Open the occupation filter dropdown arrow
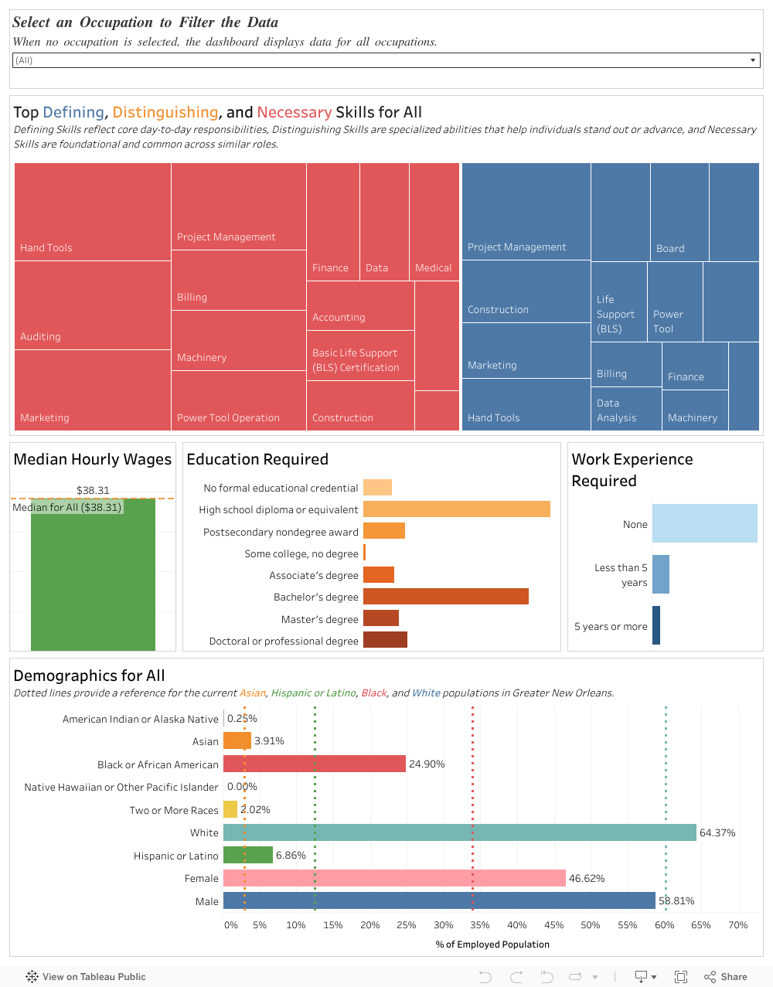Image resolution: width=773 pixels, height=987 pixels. point(753,60)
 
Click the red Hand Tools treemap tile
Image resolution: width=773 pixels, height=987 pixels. point(93,212)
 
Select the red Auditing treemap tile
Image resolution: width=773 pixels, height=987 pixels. point(93,305)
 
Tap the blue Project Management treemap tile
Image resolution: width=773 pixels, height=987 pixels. point(526,211)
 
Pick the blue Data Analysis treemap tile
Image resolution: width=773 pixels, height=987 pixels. point(625,410)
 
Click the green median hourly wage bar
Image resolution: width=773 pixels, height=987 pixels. point(93,580)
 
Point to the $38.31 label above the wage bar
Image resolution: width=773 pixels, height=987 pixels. point(93,490)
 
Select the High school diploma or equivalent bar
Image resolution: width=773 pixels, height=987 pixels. point(456,509)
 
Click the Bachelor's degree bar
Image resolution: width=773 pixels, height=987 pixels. point(445,596)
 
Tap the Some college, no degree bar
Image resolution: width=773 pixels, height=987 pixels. point(364,553)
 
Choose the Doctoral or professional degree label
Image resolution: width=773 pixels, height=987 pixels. point(284,641)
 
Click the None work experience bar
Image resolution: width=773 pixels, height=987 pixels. point(704,523)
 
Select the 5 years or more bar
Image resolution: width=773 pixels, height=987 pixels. point(656,625)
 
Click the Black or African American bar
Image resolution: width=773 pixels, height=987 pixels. point(314,764)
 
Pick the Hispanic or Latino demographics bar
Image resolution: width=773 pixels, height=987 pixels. point(247,855)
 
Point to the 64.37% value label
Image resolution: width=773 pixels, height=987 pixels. point(717,832)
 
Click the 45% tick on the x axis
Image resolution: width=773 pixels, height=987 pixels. point(553,925)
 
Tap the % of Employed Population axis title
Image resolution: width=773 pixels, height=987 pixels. point(492,944)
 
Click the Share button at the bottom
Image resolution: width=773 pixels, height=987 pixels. point(726,977)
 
